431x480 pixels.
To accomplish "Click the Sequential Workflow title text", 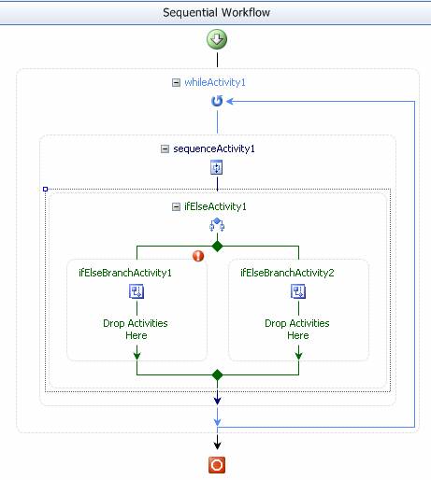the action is click(x=216, y=12).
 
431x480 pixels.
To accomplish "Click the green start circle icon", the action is click(x=217, y=39).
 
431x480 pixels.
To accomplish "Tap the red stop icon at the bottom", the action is click(x=217, y=465).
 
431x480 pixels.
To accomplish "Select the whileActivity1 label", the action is click(x=215, y=82).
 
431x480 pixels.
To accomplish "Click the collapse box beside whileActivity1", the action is click(x=176, y=82).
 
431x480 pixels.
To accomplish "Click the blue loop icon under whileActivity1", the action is click(x=217, y=101).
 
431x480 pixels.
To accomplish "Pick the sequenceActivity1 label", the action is click(x=214, y=148).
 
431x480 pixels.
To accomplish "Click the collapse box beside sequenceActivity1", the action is click(x=165, y=148).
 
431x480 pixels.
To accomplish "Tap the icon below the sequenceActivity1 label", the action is click(x=217, y=167).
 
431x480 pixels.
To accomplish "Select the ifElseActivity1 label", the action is click(x=215, y=206).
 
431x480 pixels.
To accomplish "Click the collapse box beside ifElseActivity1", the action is click(x=176, y=206).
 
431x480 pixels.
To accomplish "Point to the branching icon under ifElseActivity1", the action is click(x=217, y=225).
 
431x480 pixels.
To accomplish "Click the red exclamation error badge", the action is click(x=198, y=256).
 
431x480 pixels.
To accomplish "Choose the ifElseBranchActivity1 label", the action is click(x=125, y=273).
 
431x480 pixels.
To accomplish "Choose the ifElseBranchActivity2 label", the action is click(x=287, y=273).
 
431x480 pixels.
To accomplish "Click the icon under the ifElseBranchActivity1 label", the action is click(x=136, y=291).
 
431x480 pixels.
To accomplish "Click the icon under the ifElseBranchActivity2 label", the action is click(x=298, y=291).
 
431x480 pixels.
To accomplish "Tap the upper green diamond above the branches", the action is click(x=217, y=247).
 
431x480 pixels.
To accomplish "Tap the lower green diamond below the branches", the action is click(x=217, y=374).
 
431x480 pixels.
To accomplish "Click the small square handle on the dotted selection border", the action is click(x=45, y=189).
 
